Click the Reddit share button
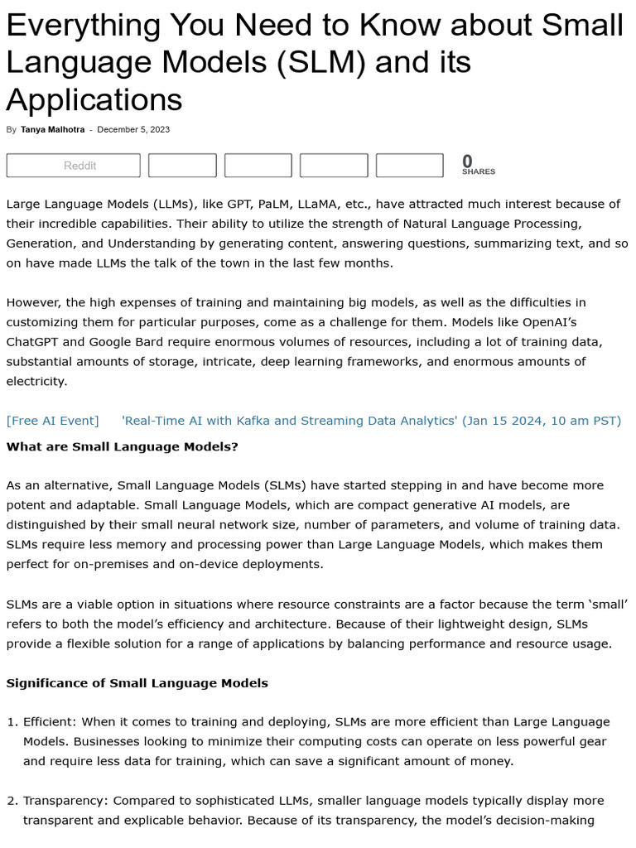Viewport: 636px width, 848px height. (x=74, y=166)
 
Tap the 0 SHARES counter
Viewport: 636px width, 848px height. (x=478, y=165)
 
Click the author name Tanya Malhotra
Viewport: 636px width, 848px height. (x=52, y=129)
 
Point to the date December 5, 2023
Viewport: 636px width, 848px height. (x=133, y=129)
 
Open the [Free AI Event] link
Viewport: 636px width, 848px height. (x=52, y=421)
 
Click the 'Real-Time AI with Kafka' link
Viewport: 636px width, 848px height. (x=371, y=421)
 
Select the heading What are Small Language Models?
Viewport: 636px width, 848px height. (x=122, y=446)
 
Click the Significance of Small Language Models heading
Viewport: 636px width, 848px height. (x=137, y=683)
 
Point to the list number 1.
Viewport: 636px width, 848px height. (x=12, y=722)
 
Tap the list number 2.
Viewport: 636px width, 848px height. (x=12, y=801)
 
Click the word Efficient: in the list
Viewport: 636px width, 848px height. (x=51, y=722)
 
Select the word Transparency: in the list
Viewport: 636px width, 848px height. (x=65, y=801)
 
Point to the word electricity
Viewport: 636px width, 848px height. (x=36, y=382)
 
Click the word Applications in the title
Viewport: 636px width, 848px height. (x=94, y=99)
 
